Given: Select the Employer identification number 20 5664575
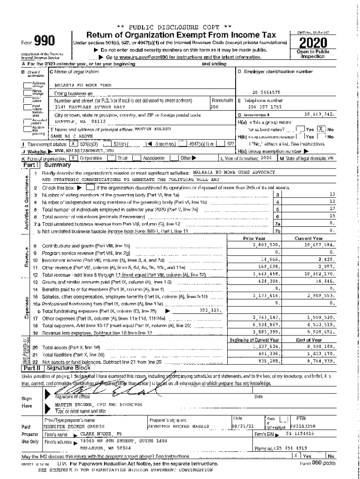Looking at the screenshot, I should [266, 93].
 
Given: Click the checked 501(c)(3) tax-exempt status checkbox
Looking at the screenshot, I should [72, 143].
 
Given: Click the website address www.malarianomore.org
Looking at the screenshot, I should [77, 151].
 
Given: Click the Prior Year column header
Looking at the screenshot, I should [254, 238].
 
